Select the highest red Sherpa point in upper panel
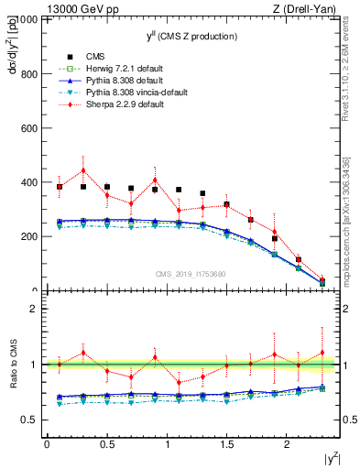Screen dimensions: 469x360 pos(83,170)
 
